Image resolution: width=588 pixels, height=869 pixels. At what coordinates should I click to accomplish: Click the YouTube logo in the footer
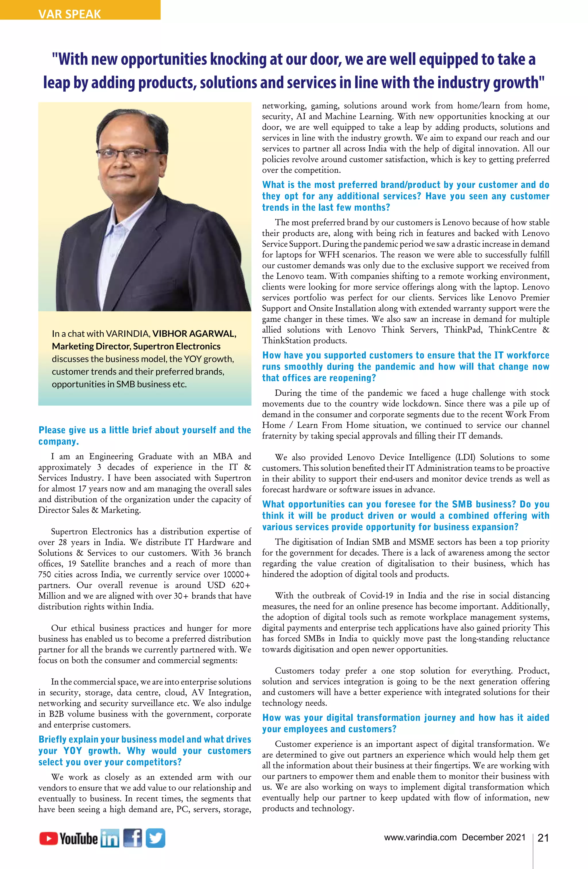tap(68, 838)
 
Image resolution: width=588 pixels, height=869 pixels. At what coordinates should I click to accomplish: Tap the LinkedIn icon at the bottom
tap(110, 839)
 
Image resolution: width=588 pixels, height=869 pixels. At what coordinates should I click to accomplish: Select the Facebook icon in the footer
tap(132, 838)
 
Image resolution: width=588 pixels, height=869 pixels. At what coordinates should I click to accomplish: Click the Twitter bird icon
tap(155, 838)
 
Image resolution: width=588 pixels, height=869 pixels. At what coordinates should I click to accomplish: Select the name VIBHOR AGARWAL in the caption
tap(194, 333)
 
